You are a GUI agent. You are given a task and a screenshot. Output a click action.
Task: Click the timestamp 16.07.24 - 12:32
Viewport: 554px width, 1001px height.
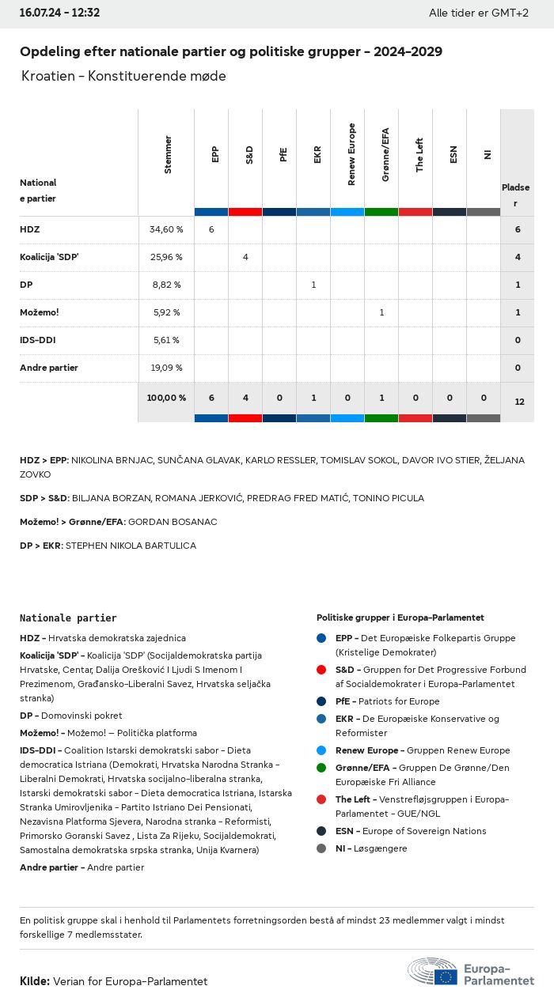coord(59,13)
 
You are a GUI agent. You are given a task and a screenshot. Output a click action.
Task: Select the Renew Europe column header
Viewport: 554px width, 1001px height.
coord(351,154)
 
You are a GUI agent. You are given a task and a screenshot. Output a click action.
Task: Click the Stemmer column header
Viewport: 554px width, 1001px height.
coord(168,154)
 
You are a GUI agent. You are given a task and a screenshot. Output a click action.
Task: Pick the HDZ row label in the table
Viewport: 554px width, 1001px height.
coord(30,229)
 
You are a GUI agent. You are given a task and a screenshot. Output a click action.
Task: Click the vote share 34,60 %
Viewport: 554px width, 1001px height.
coord(166,229)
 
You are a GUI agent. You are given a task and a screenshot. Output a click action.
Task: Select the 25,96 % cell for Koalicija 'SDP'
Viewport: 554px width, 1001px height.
coord(166,257)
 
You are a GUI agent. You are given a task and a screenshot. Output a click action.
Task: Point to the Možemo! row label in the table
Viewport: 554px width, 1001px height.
coord(40,312)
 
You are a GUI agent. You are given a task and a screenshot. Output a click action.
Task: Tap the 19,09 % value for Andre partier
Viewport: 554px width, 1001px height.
coord(166,368)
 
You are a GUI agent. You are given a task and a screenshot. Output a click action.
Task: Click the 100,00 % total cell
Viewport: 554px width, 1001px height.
coord(166,398)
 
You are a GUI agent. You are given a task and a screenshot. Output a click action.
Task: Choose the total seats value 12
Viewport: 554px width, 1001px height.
coord(519,402)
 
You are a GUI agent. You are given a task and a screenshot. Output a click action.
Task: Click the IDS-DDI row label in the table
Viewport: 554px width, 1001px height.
coord(37,340)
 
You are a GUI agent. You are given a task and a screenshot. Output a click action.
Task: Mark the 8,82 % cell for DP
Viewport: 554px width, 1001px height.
coord(166,285)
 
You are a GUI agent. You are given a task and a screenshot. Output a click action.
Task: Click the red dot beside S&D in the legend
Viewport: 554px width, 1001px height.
coord(321,670)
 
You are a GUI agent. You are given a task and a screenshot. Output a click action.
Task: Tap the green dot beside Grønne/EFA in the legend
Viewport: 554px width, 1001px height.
coord(321,768)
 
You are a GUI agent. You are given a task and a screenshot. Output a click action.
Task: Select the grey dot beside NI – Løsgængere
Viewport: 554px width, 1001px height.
coord(321,848)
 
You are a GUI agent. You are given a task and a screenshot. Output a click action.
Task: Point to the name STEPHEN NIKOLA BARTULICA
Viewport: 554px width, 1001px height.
coord(131,546)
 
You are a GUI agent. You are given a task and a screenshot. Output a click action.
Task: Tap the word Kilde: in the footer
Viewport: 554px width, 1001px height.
coord(35,981)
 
